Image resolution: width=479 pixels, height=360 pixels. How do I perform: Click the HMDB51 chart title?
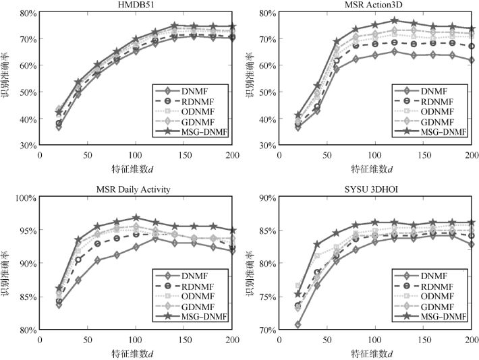click(135, 5)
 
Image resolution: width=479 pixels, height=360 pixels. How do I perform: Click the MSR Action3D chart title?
click(374, 5)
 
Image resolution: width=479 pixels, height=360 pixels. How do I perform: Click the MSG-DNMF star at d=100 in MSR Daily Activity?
click(136, 218)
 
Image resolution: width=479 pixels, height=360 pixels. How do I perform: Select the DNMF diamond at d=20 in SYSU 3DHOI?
click(279, 325)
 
